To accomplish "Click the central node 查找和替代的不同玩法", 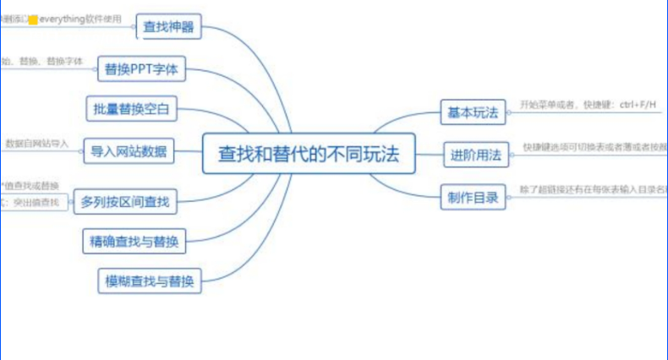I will [x=308, y=154].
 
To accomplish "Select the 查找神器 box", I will [x=168, y=27].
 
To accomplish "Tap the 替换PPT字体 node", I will [x=141, y=69].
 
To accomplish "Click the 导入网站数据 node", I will [x=129, y=153].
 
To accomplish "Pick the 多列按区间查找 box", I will [x=125, y=202].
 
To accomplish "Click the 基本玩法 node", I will [x=473, y=112].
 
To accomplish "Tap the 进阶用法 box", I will [x=476, y=155].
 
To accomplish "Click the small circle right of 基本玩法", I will [x=509, y=111].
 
